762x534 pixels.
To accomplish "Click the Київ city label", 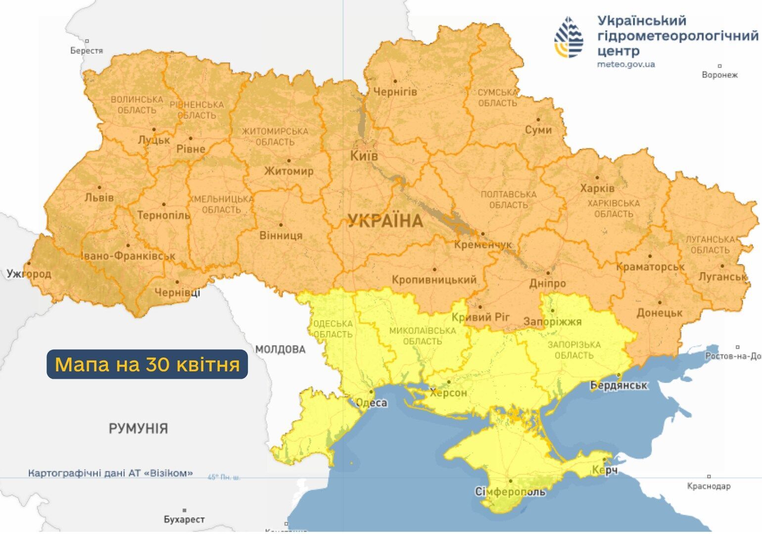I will tap(364, 156).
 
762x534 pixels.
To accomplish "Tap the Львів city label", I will tap(99, 198).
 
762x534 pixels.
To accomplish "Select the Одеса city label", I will tap(372, 403).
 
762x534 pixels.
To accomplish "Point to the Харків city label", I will tap(597, 188).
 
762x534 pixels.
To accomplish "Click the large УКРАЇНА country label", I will tap(385, 221).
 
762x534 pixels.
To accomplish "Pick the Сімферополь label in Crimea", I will tap(510, 492).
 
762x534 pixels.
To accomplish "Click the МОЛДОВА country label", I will tap(280, 350).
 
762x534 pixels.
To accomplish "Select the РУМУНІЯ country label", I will tap(138, 428).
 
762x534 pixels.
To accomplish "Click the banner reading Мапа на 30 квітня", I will tap(147, 364).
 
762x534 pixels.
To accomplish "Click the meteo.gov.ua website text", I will tap(626, 64).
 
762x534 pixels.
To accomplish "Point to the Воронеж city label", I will tap(719, 75).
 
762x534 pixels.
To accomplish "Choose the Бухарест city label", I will tap(184, 520).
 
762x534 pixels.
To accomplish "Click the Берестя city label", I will tap(87, 50).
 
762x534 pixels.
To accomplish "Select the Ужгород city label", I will tap(29, 273).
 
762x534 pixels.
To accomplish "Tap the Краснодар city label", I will tap(709, 487).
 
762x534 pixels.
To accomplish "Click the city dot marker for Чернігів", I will tap(395, 81).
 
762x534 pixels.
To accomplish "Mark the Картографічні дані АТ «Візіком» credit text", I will tap(110, 473).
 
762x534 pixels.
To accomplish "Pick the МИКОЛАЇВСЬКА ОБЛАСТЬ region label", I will tap(422, 336).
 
